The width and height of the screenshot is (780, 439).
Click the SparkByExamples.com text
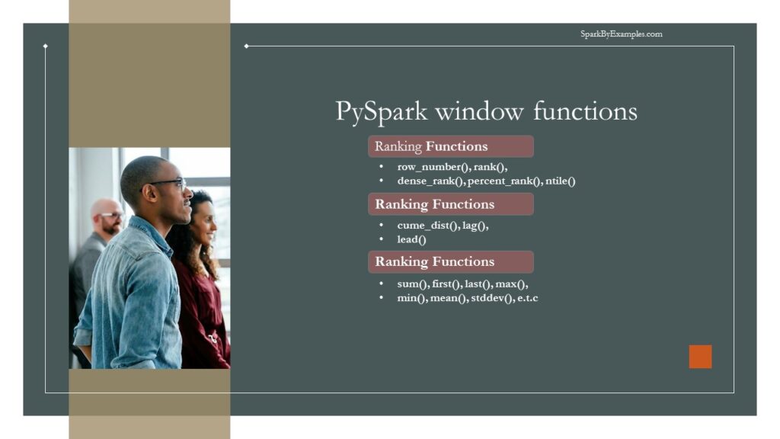click(621, 34)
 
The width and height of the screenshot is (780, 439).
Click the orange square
click(700, 357)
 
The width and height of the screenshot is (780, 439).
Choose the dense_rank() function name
click(430, 181)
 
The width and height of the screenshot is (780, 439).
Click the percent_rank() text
click(504, 181)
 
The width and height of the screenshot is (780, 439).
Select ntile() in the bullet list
click(560, 181)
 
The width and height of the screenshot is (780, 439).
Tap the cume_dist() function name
click(428, 226)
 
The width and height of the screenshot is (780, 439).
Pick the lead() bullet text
click(411, 239)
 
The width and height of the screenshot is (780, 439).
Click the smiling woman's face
click(203, 221)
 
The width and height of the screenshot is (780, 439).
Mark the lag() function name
click(475, 226)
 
